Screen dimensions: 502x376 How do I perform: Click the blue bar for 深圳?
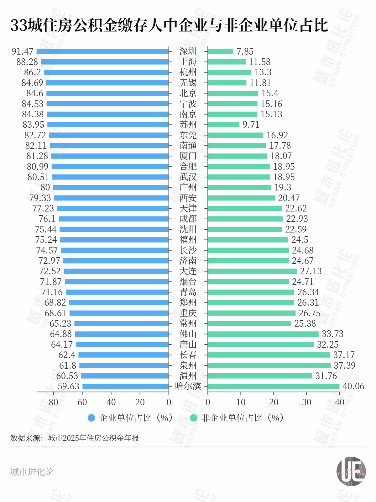pos(102,51)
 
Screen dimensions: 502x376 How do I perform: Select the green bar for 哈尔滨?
pos(274,386)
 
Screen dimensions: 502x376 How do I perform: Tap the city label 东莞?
pos(188,135)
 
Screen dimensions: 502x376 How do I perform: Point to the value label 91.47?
pos(23,51)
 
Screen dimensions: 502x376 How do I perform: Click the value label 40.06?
pos(353,386)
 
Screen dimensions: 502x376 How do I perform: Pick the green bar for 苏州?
pos(223,125)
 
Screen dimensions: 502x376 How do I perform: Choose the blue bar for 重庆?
pos(119,313)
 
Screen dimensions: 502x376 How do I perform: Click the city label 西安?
pos(188,198)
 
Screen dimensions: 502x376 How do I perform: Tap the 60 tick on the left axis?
pos(82,402)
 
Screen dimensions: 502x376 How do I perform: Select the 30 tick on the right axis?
pos(306,402)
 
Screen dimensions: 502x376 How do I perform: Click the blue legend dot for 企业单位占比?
pos(91,418)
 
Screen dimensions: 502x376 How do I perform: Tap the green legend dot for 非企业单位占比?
pos(194,418)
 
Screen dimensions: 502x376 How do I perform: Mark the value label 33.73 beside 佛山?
pos(333,334)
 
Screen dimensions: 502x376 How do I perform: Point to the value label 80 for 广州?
pos(45,187)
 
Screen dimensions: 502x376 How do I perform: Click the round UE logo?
pos(351,472)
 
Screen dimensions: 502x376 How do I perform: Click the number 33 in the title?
pos(19,25)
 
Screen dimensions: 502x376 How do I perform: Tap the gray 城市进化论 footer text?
pos(32,472)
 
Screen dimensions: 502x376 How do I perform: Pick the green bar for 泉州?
pos(269,366)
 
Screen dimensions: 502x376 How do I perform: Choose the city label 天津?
pos(188,208)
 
